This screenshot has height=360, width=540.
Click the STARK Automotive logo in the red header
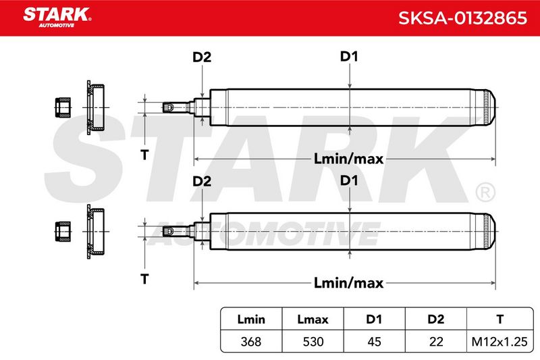pos(57,18)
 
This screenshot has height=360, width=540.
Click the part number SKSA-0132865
pos(462,18)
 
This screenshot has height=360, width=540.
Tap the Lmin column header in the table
pos(251,319)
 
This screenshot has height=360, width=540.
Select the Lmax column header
pos(313,319)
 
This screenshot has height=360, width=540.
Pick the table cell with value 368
pos(251,342)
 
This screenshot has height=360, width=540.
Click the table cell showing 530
pos(313,342)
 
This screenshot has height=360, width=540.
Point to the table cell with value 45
pos(374,342)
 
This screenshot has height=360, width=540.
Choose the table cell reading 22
pos(435,342)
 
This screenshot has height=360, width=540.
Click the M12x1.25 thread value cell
pos(500,342)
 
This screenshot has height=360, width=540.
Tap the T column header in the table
pos(500,319)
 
